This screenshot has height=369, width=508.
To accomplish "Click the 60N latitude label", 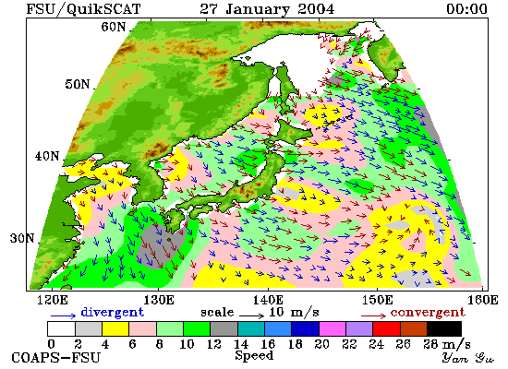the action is (x=114, y=27).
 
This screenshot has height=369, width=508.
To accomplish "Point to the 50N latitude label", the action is (x=78, y=84).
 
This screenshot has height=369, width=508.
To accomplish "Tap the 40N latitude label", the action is (x=47, y=156).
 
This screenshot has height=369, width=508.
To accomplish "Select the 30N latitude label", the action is (x=22, y=238).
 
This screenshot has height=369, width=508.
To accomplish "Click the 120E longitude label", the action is (x=53, y=300).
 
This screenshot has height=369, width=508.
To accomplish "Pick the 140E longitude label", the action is (x=268, y=300).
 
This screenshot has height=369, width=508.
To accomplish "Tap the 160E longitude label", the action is (x=483, y=300).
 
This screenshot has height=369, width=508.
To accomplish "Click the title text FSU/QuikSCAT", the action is (x=83, y=9).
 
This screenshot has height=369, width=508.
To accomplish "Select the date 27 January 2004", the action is (x=267, y=8).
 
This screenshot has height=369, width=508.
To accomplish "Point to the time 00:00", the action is (x=466, y=8).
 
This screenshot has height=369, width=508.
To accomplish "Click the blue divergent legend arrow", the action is (x=63, y=315).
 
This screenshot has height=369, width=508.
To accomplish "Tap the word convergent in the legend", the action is (x=428, y=313).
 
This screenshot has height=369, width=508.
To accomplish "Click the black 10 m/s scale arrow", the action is (x=252, y=315).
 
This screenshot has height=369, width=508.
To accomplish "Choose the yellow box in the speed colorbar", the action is (x=115, y=328).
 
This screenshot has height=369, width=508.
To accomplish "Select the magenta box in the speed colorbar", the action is (x=333, y=328).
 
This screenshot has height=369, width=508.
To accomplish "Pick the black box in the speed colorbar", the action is (x=444, y=328).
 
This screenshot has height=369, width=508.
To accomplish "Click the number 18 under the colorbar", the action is (x=295, y=344).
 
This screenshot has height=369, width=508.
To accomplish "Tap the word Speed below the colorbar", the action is (x=254, y=356).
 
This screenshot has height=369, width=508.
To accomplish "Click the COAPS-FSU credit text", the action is (x=55, y=358).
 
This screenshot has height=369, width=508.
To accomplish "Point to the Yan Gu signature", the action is (x=467, y=358).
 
